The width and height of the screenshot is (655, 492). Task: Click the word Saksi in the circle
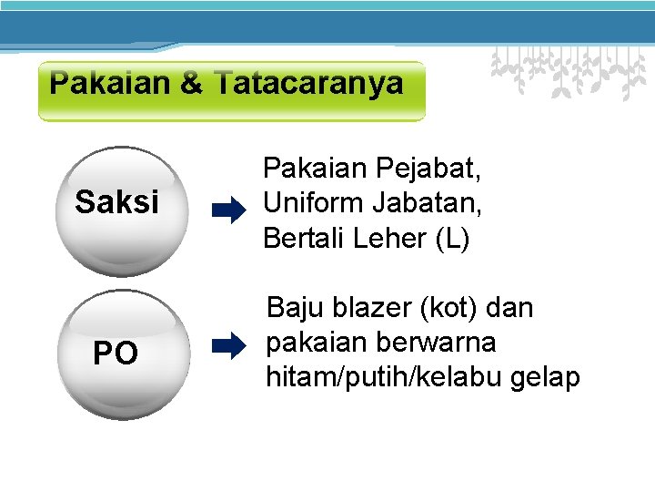click(116, 202)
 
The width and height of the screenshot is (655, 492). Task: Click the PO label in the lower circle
click(116, 353)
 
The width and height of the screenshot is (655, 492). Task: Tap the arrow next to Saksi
click(228, 212)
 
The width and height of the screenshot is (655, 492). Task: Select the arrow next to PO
click(228, 344)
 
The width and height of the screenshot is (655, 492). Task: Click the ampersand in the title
click(192, 84)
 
